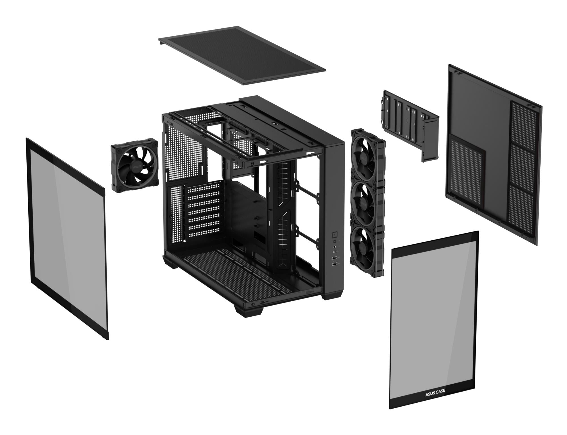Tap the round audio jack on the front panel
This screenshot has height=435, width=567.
335,247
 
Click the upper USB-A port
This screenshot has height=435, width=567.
335,258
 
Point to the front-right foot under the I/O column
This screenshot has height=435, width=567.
332,295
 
